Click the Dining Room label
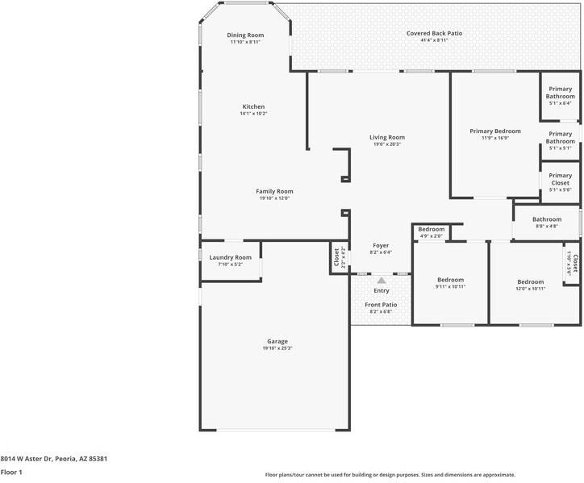(x=245, y=35)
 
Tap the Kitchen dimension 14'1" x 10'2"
(x=253, y=114)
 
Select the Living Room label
(x=387, y=137)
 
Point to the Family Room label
(x=274, y=191)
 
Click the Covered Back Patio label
(x=434, y=33)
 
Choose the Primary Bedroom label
(x=495, y=131)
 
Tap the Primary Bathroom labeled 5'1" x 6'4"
(x=560, y=92)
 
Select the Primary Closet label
(x=560, y=179)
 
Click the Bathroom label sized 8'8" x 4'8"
(x=546, y=219)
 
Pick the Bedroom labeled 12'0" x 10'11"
(x=531, y=282)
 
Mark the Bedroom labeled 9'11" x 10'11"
(x=450, y=279)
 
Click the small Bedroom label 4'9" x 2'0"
(x=432, y=230)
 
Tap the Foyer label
(x=381, y=245)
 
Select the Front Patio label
(x=381, y=304)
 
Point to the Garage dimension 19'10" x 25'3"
(x=277, y=348)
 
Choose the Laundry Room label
(x=231, y=257)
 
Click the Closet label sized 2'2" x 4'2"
(x=336, y=257)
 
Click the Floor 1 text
(x=10, y=473)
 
